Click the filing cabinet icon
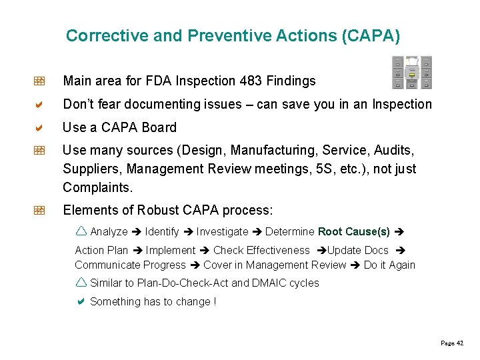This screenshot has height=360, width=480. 411,72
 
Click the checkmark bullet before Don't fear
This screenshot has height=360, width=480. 39,104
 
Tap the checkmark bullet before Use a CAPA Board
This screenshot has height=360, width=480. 39,127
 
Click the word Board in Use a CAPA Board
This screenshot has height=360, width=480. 159,127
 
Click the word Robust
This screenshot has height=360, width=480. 157,211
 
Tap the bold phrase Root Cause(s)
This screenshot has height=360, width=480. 354,232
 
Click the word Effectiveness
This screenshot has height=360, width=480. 278,251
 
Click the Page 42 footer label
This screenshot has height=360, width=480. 452,343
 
